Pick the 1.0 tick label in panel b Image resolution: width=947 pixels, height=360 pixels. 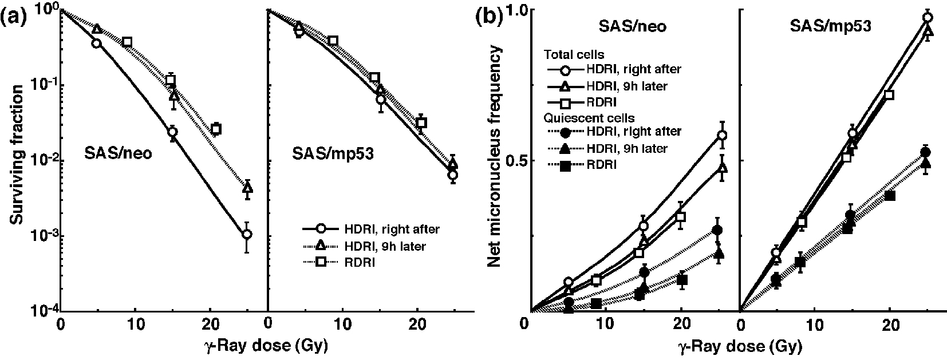[516, 10]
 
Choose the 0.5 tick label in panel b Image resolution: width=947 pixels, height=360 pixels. [516, 161]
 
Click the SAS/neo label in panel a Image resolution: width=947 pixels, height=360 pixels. [119, 154]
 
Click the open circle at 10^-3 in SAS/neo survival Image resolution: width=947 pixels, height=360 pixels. [247, 235]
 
